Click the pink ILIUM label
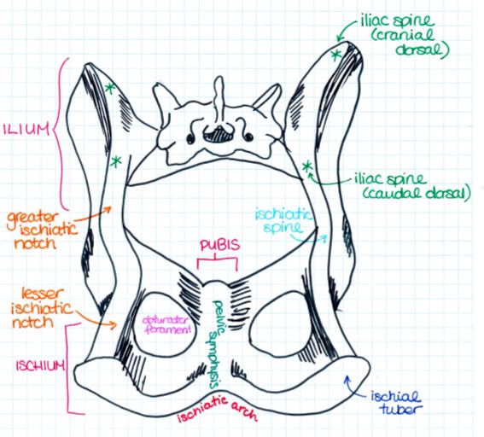click(26, 130)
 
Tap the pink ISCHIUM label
click(41, 365)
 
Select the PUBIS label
click(219, 245)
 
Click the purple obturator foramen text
click(166, 325)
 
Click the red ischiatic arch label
click(217, 409)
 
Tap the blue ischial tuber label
click(396, 403)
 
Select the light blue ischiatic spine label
click(283, 221)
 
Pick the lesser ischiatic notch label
click(41, 308)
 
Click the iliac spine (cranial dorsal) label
click(405, 36)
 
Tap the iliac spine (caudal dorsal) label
click(412, 186)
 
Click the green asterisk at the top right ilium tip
click(335, 55)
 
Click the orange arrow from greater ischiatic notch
click(93, 213)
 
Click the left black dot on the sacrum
click(190, 138)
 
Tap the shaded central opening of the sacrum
click(218, 135)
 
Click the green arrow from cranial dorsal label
click(346, 30)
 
